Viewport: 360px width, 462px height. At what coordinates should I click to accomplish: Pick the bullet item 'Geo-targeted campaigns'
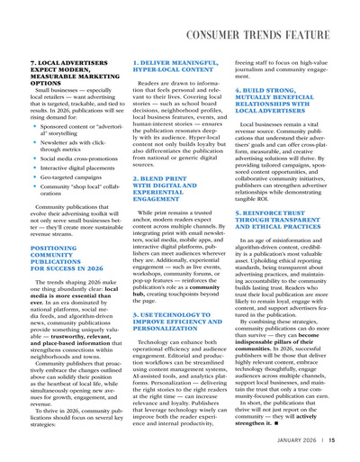coord(58,178)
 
